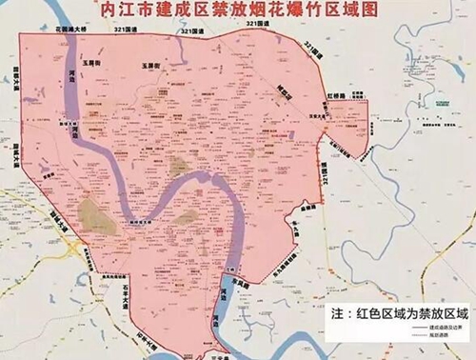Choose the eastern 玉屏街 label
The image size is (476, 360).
pyautogui.click(x=149, y=66)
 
